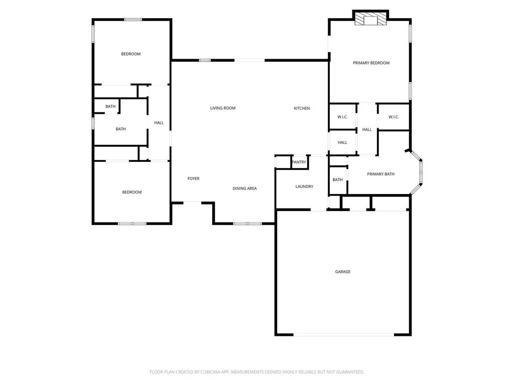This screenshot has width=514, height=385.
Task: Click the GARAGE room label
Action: pos(342,272)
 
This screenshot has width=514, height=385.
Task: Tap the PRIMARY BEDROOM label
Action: pos(371,63)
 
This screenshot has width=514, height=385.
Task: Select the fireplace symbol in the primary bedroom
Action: pos(371,19)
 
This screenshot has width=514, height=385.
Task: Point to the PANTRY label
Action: pos(299,162)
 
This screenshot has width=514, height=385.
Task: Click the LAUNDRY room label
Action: pos(304,186)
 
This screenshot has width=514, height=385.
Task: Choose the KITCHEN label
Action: pos(302,108)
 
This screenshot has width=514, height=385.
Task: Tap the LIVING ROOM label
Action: pos(223,108)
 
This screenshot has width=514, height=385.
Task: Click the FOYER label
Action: pos(193,178)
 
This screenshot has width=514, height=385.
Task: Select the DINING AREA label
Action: pos(244,188)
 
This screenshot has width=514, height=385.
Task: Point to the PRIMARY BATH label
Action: pos(380,174)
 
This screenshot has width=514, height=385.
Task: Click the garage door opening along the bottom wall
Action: pos(343,334)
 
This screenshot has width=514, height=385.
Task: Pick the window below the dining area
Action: pos(247,224)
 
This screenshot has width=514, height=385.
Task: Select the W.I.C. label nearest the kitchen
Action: pos(342,117)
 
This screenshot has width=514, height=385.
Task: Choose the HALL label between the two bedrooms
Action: pos(159,123)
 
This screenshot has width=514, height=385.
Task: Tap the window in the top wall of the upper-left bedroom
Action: pos(133,20)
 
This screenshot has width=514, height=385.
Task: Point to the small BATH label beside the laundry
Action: pos(338,180)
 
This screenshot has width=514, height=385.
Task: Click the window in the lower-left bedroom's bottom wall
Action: pos(132,224)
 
